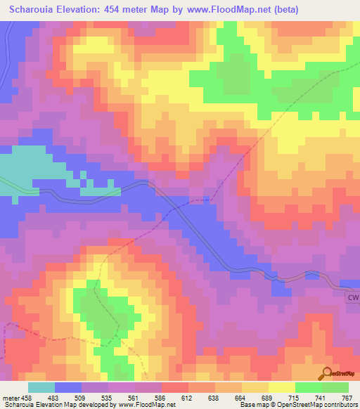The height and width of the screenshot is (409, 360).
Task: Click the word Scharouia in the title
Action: click(x=34, y=10)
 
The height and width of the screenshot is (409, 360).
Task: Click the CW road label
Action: click(x=352, y=298)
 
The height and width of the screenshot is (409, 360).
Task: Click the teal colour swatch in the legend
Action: click(x=41, y=387)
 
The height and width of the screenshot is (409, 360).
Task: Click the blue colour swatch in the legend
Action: click(x=68, y=387)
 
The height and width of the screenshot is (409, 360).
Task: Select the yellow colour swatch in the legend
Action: click(x=281, y=387)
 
